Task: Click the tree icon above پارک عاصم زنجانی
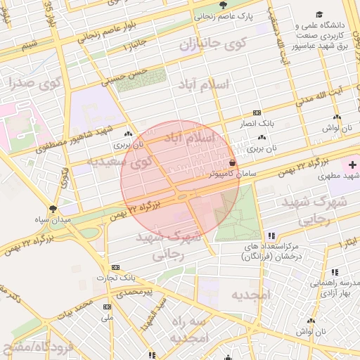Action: click(x=224, y=5)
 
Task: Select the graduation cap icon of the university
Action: click(x=320, y=15)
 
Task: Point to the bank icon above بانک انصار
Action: click(x=257, y=112)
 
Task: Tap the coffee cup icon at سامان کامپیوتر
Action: click(x=233, y=162)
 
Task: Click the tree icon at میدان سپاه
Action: click(x=53, y=209)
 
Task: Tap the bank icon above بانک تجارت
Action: click(x=115, y=267)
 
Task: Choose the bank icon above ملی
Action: click(x=107, y=307)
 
